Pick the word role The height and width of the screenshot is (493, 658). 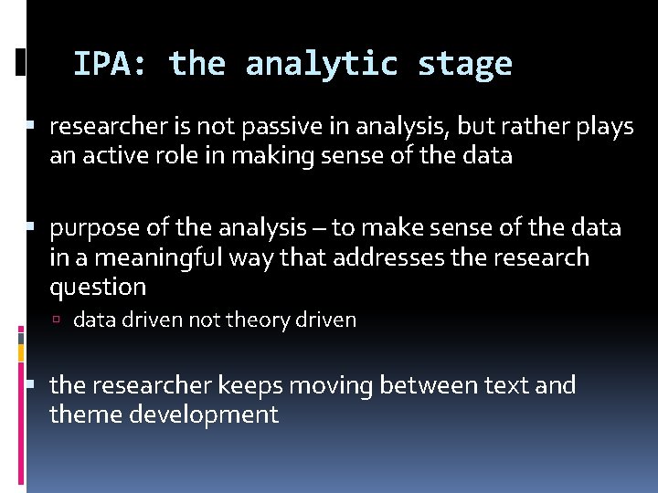(x=174, y=156)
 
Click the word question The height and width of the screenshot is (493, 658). (x=98, y=287)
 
